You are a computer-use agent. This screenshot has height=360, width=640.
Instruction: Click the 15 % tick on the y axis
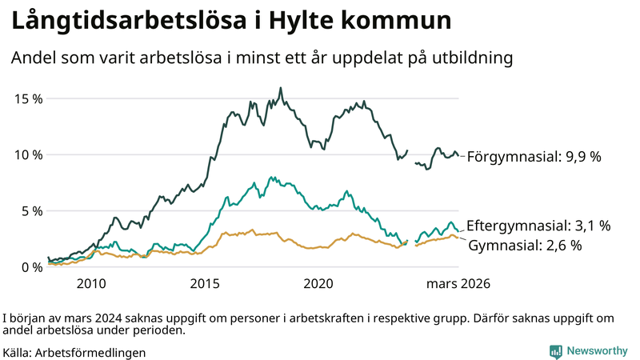coord(28,98)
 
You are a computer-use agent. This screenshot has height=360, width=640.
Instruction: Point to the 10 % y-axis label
coord(28,154)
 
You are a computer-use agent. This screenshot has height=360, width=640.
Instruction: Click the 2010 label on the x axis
coord(91,284)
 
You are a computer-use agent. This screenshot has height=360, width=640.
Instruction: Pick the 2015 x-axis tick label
coord(205,284)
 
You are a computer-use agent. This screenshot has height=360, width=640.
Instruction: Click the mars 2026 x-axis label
coord(458,284)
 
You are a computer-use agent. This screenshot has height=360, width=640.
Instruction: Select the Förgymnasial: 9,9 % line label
coord(534,157)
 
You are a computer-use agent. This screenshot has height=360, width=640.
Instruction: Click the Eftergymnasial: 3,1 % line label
coord(538,226)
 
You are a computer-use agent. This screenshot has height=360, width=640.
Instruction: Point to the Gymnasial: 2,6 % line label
coord(524,245)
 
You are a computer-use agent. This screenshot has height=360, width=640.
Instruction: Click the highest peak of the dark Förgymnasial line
coord(280,88)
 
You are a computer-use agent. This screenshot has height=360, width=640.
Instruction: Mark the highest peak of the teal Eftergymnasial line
coord(271,177)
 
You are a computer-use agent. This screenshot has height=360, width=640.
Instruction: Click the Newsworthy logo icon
coord(555,350)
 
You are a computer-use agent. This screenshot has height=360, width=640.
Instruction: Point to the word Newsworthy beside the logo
coord(598,350)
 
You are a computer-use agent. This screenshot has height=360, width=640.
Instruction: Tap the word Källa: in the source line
coord(18,352)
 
